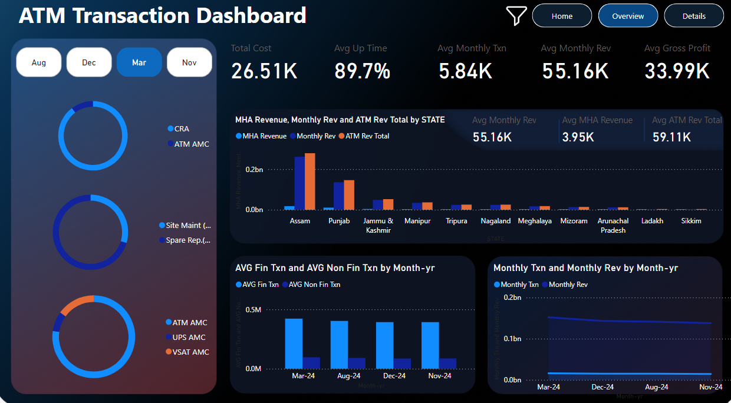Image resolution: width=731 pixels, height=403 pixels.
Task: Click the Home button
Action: pyautogui.click(x=562, y=16)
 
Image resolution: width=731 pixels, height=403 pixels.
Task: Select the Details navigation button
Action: pyautogui.click(x=694, y=16)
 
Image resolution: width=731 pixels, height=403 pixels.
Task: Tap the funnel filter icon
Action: pyautogui.click(x=516, y=16)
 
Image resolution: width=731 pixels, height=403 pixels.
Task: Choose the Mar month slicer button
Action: pyautogui.click(x=139, y=62)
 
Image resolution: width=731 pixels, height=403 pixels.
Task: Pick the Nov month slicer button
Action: pyautogui.click(x=189, y=62)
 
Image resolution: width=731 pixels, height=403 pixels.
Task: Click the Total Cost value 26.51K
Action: pyautogui.click(x=264, y=71)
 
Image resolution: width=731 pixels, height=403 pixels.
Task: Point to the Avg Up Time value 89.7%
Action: pyautogui.click(x=362, y=71)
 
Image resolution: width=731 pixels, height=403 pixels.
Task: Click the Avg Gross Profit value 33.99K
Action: pyautogui.click(x=677, y=71)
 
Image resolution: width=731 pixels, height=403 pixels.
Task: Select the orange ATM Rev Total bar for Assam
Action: pyautogui.click(x=309, y=181)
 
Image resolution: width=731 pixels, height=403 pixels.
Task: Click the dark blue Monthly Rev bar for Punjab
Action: pyautogui.click(x=338, y=196)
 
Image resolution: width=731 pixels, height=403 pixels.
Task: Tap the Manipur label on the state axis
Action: pyautogui.click(x=417, y=221)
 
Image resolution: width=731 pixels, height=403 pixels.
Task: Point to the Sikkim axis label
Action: pyautogui.click(x=691, y=221)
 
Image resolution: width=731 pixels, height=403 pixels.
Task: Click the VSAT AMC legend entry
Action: pyautogui.click(x=190, y=352)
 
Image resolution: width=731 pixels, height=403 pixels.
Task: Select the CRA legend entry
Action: pyautogui.click(x=182, y=128)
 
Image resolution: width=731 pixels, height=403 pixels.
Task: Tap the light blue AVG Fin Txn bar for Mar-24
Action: pyautogui.click(x=294, y=343)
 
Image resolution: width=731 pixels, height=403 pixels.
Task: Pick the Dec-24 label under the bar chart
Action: pyautogui.click(x=394, y=376)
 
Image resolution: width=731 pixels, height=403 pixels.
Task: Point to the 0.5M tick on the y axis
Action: pyautogui.click(x=253, y=310)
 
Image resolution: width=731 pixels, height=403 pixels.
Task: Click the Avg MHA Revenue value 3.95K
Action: pyautogui.click(x=578, y=137)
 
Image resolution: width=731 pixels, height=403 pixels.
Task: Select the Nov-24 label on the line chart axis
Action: pyautogui.click(x=710, y=387)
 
